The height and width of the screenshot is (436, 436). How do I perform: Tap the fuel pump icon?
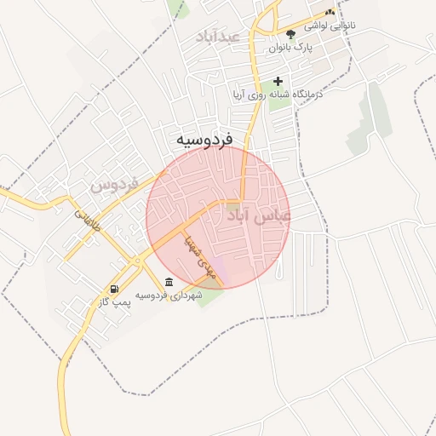point(114,289)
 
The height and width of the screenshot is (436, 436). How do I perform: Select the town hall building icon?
point(168,282)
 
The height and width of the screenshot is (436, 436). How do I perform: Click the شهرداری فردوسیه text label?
point(167,295)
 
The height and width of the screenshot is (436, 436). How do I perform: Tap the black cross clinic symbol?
point(278,82)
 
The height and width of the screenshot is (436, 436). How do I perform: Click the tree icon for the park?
point(291,34)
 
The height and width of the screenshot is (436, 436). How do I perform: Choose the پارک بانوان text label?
point(291,47)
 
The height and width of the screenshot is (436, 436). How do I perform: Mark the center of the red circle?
point(219,216)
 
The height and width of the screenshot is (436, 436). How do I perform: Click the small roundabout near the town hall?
point(135,261)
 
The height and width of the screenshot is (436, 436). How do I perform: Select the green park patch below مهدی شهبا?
point(209,296)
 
